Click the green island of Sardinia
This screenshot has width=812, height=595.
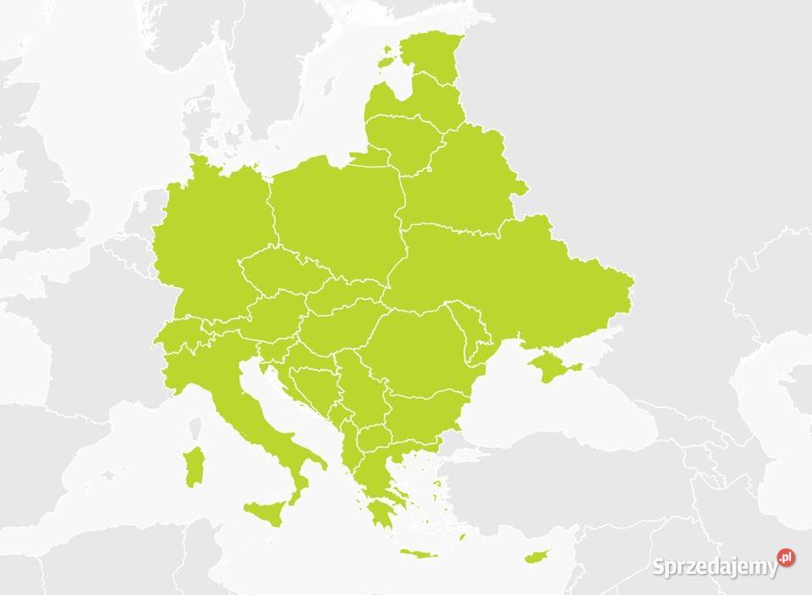point(194,468)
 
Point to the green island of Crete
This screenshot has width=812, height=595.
point(419,554)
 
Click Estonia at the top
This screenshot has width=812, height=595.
point(431,55)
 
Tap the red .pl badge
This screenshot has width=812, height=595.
point(787,557)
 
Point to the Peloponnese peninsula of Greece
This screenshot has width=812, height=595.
point(379,512)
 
